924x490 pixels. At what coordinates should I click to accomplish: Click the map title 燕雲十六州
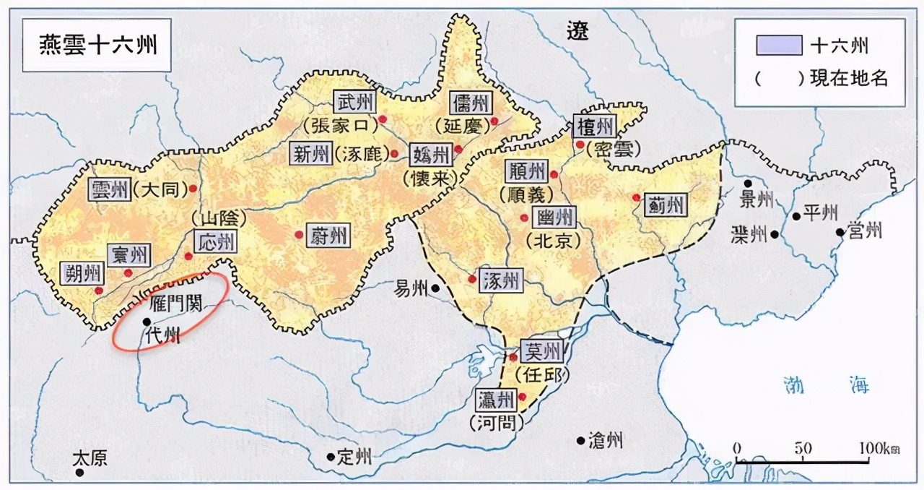pyautogui.click(x=97, y=46)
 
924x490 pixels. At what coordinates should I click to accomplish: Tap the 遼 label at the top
pyautogui.click(x=577, y=30)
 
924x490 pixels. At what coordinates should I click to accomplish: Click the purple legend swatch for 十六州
pyautogui.click(x=779, y=46)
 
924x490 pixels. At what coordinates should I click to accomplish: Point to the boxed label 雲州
pyautogui.click(x=110, y=190)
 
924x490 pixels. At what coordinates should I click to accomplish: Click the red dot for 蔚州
pyautogui.click(x=299, y=233)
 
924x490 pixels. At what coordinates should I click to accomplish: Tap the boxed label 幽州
pyautogui.click(x=555, y=216)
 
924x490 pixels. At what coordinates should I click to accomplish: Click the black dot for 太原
pyautogui.click(x=79, y=473)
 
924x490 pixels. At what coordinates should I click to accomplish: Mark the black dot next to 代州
pyautogui.click(x=147, y=322)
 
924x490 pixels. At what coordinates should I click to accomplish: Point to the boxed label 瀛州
pyautogui.click(x=497, y=398)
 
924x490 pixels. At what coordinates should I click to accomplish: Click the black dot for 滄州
pyautogui.click(x=580, y=440)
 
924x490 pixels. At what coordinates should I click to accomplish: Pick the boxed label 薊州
pyautogui.click(x=664, y=205)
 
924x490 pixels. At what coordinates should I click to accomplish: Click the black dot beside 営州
pyautogui.click(x=840, y=232)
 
